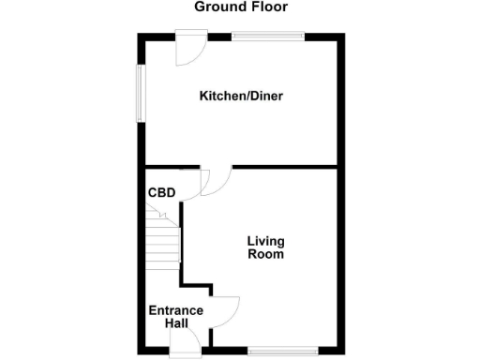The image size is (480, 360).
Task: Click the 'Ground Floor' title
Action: coord(240,7)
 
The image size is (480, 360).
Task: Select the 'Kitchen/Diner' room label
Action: coord(240,96)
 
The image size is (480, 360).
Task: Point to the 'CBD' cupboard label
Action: coord(161,194)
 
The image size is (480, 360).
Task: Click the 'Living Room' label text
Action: coord(265,247)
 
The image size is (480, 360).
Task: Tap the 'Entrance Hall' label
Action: coord(175,317)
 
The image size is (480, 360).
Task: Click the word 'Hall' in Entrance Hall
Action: coord(175,323)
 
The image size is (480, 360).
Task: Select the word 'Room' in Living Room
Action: coord(265,254)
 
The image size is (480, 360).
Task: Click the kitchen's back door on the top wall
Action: coord(191,50)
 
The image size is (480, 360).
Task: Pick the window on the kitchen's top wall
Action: coord(268,37)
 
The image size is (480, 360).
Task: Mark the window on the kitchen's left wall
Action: coord(142,93)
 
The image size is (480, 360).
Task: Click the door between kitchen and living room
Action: coord(217,180)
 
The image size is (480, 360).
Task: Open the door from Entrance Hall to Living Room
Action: coord(226,310)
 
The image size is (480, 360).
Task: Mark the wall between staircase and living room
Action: coord(182,239)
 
